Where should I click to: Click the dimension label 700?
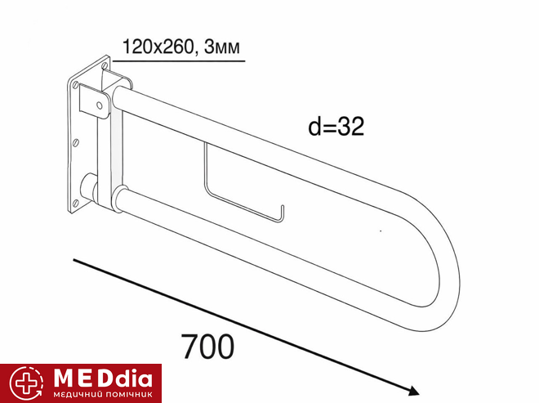207,347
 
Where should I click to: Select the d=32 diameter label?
336,127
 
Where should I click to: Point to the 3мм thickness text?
222,47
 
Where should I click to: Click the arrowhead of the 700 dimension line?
413,391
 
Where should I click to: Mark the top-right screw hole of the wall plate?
105,65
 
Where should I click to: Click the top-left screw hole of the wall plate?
75,85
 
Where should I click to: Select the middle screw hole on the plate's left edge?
76,142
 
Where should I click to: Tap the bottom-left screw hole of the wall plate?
76,203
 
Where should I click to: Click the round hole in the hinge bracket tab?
100,105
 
